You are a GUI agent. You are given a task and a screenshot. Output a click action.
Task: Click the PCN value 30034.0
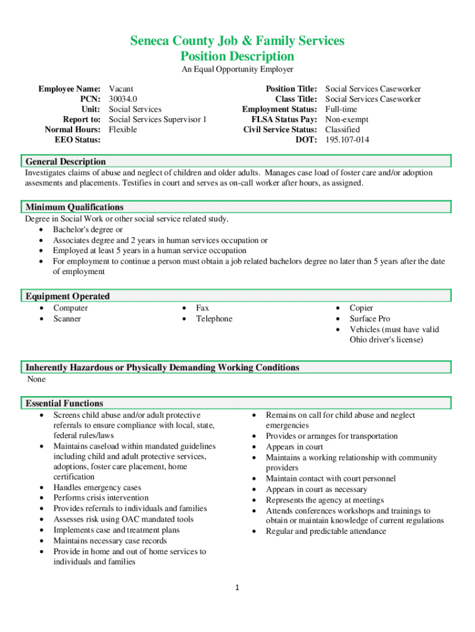click(123, 99)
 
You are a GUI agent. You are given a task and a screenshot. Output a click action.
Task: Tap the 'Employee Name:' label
click(70, 89)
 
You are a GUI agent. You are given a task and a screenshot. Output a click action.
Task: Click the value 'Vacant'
click(121, 89)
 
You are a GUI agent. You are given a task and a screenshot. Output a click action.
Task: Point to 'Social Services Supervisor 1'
click(157, 119)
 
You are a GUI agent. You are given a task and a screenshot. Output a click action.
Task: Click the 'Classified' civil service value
click(342, 130)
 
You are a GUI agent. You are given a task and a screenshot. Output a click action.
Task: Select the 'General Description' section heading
click(65, 162)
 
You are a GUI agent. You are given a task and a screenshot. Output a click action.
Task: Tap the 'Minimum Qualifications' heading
click(74, 207)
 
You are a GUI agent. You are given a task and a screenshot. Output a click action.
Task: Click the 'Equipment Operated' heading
click(67, 296)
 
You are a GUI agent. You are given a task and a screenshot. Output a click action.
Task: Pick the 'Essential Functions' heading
click(64, 404)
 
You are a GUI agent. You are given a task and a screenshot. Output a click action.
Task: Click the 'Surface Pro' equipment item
click(370, 318)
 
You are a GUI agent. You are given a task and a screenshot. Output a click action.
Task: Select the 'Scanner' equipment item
click(67, 318)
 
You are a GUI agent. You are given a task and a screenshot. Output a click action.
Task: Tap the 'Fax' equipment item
click(202, 308)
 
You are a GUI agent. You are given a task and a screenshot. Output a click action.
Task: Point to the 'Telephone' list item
click(214, 318)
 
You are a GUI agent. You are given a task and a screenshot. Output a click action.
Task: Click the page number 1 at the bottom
click(238, 588)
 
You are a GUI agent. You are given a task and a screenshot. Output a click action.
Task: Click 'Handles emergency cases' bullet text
click(97, 487)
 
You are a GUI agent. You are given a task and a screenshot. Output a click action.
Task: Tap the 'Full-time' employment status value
click(341, 109)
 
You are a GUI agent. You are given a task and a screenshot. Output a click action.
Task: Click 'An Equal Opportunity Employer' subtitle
click(237, 70)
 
